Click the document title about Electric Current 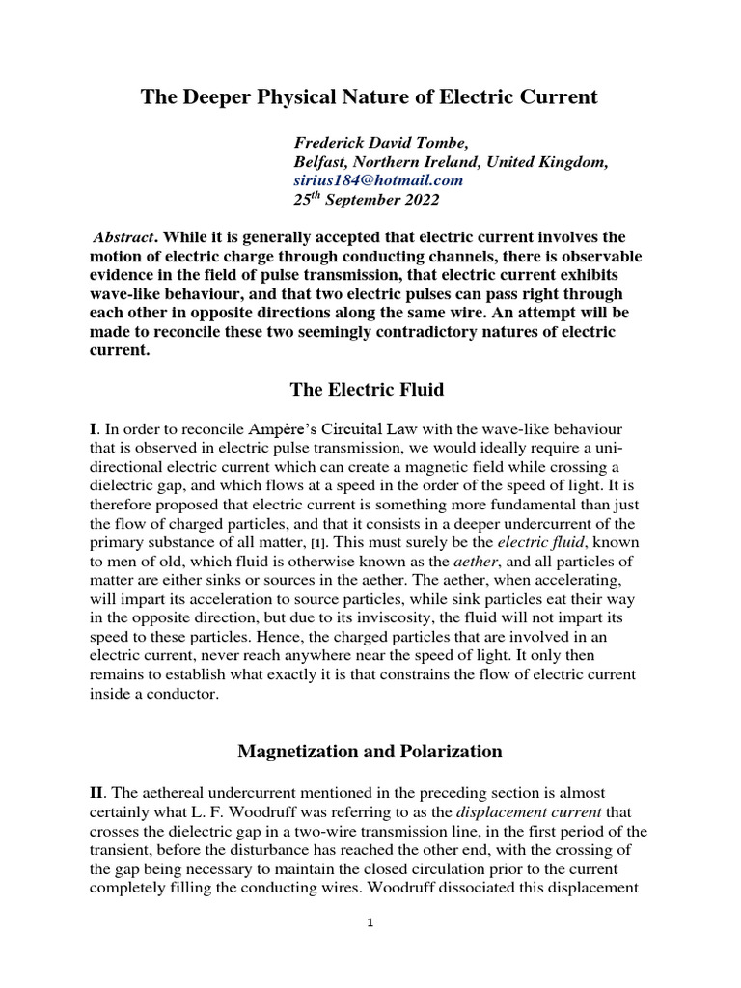click(x=370, y=97)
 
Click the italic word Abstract click(x=123, y=236)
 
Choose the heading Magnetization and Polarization click(x=370, y=750)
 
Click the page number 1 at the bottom click(x=370, y=922)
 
